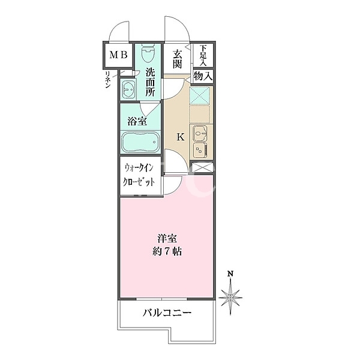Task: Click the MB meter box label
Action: (118, 55)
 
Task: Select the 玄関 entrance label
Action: (177, 59)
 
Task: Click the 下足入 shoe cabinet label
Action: (203, 55)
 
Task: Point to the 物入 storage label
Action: (203, 76)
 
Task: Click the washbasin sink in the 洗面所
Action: (128, 89)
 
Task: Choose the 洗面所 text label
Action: (150, 82)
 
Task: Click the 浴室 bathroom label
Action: (137, 121)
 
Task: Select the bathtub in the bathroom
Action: (140, 142)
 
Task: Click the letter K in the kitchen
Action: (181, 137)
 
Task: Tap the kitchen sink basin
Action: (200, 133)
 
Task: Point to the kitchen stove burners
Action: (200, 150)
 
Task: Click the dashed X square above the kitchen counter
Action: (200, 95)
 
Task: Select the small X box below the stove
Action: (202, 167)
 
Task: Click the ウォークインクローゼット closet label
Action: (139, 175)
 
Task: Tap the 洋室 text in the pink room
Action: (167, 239)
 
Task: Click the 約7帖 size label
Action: (167, 252)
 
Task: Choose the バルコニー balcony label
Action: (167, 313)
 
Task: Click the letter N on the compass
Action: (230, 274)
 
